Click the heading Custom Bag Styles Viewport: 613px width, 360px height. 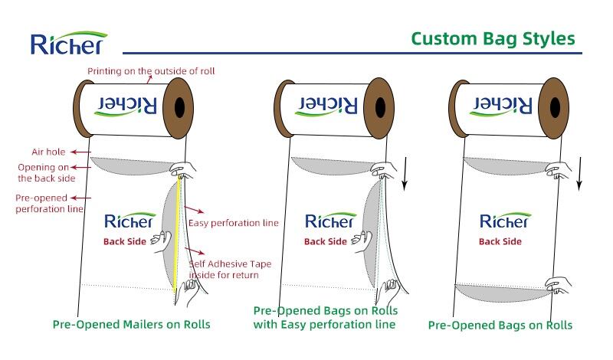point(492,38)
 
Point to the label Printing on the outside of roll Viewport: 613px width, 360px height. point(150,71)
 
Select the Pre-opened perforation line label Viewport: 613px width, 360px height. point(49,203)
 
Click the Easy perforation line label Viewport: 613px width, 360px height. point(233,224)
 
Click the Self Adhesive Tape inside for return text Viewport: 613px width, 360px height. point(230,270)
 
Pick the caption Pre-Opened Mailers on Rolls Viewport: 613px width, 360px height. point(131,325)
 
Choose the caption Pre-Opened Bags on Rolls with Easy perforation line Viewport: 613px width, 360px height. point(325,318)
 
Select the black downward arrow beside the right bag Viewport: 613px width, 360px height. point(580,172)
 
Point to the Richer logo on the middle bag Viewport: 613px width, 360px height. point(330,221)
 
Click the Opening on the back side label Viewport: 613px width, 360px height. point(48,172)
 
